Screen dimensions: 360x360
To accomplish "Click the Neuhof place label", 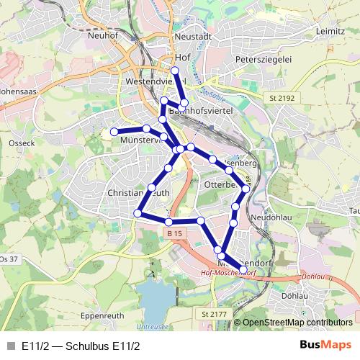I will tap(102, 35).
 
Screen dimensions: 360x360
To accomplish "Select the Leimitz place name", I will tap(330, 32).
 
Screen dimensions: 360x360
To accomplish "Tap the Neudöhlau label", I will tap(270, 217).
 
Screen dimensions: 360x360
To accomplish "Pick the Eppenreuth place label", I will tap(102, 315).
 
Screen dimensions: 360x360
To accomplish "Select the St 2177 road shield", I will tap(214, 315).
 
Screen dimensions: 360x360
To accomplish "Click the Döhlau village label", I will tap(294, 295).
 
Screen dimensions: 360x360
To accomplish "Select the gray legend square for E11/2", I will tap(10, 346).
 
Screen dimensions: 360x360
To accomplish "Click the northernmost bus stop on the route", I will tap(175, 70).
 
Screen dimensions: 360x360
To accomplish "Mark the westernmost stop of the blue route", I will tap(114, 132).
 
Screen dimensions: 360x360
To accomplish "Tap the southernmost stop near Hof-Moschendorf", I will tap(243, 270).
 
